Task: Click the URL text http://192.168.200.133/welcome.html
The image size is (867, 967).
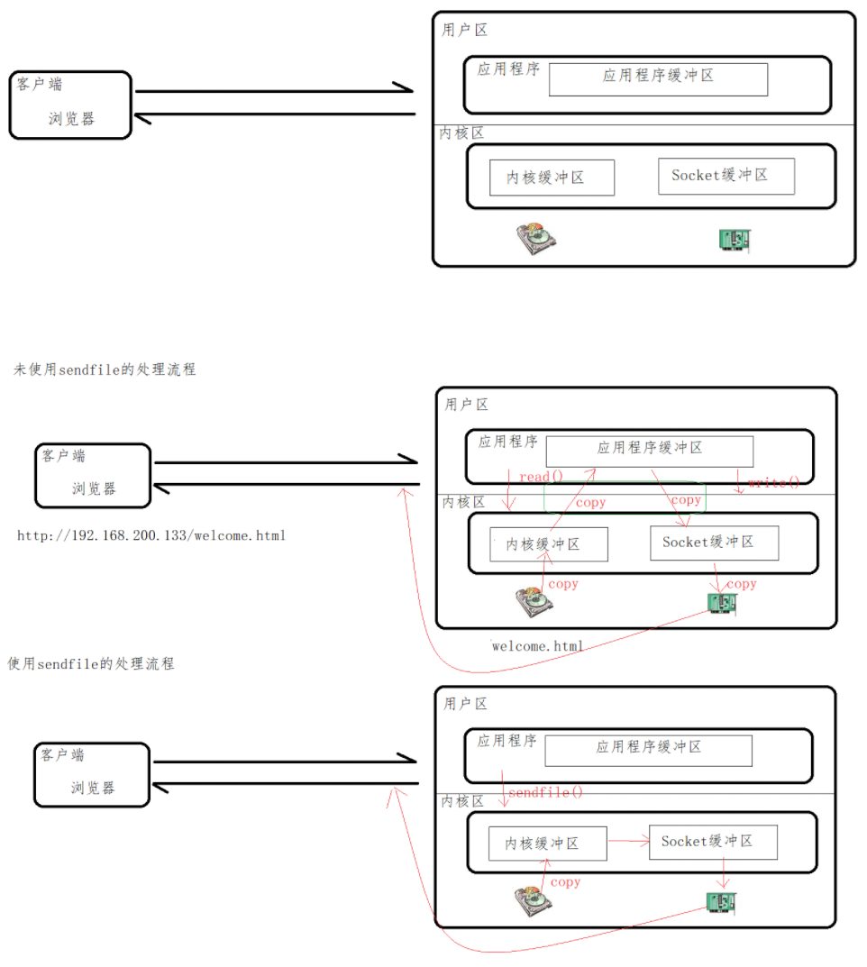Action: coord(151,535)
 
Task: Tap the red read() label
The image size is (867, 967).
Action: coord(541,475)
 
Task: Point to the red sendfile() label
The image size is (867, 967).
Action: coord(546,792)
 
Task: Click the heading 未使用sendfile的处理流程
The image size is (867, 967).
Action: coord(105,369)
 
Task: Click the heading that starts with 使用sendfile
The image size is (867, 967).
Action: coord(91,664)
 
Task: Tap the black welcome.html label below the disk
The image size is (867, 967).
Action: coord(538,645)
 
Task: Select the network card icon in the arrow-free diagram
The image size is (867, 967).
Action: coord(735,239)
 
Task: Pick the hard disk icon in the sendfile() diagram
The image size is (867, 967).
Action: coord(533,902)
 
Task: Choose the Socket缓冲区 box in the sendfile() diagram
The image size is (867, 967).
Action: coord(713,842)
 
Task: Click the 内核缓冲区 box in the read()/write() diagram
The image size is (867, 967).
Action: coord(549,544)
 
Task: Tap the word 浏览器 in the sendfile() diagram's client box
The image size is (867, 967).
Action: coord(94,788)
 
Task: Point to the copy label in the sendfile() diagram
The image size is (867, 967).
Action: coord(565,882)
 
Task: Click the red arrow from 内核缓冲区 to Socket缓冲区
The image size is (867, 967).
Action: coord(628,843)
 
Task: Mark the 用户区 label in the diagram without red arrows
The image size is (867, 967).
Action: coord(465,30)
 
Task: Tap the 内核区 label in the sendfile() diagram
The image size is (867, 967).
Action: coord(462,800)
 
